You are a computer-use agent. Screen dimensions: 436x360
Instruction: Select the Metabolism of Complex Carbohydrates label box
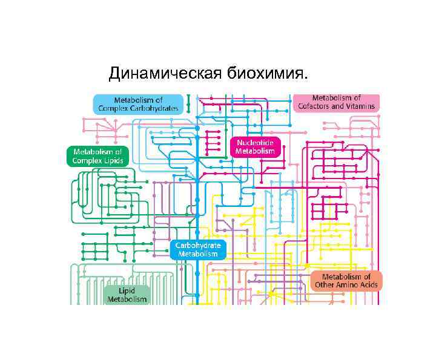pyautogui.click(x=137, y=103)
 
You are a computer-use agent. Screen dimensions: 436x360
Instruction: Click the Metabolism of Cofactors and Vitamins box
pyautogui.click(x=337, y=102)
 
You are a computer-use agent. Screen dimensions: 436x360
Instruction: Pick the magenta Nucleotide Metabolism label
pyautogui.click(x=255, y=146)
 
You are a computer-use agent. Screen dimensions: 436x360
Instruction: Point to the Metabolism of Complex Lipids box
pyautogui.click(x=97, y=156)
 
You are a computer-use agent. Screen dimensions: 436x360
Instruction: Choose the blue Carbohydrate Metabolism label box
pyautogui.click(x=198, y=249)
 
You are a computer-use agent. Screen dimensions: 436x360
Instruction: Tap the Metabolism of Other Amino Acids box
pyautogui.click(x=346, y=281)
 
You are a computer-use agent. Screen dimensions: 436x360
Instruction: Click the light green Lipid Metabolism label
pyautogui.click(x=127, y=295)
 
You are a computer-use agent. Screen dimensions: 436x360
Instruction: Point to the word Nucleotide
pyautogui.click(x=255, y=142)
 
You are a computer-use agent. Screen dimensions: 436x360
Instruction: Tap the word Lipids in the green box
pyautogui.click(x=113, y=160)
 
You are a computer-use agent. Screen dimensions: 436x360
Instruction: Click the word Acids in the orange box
pyautogui.click(x=368, y=285)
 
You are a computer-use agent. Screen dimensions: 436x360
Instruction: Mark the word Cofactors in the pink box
pyautogui.click(x=315, y=106)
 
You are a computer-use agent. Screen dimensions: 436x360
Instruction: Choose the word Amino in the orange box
pyautogui.click(x=346, y=285)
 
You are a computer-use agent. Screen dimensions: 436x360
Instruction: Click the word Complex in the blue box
pyautogui.click(x=113, y=108)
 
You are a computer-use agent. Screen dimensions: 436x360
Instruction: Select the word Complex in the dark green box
pyautogui.click(x=87, y=160)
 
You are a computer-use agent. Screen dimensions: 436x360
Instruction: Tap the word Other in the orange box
pyautogui.click(x=324, y=285)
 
